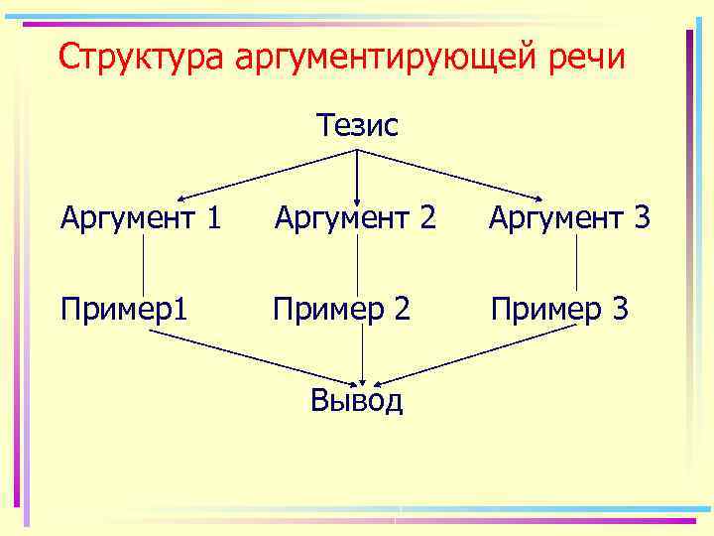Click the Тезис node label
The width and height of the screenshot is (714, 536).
click(x=357, y=126)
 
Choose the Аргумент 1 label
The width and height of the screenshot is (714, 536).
click(x=140, y=216)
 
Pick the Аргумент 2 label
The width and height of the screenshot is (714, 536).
click(x=355, y=216)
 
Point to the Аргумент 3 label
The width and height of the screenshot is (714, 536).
click(x=569, y=216)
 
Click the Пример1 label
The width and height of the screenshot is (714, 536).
click(x=124, y=309)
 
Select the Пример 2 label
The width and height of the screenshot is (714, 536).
click(x=342, y=309)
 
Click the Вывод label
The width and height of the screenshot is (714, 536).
click(x=357, y=400)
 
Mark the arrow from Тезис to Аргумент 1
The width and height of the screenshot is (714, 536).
click(x=268, y=175)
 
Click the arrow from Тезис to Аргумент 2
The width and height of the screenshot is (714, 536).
click(x=357, y=174)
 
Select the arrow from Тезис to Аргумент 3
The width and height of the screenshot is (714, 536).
click(x=451, y=175)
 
